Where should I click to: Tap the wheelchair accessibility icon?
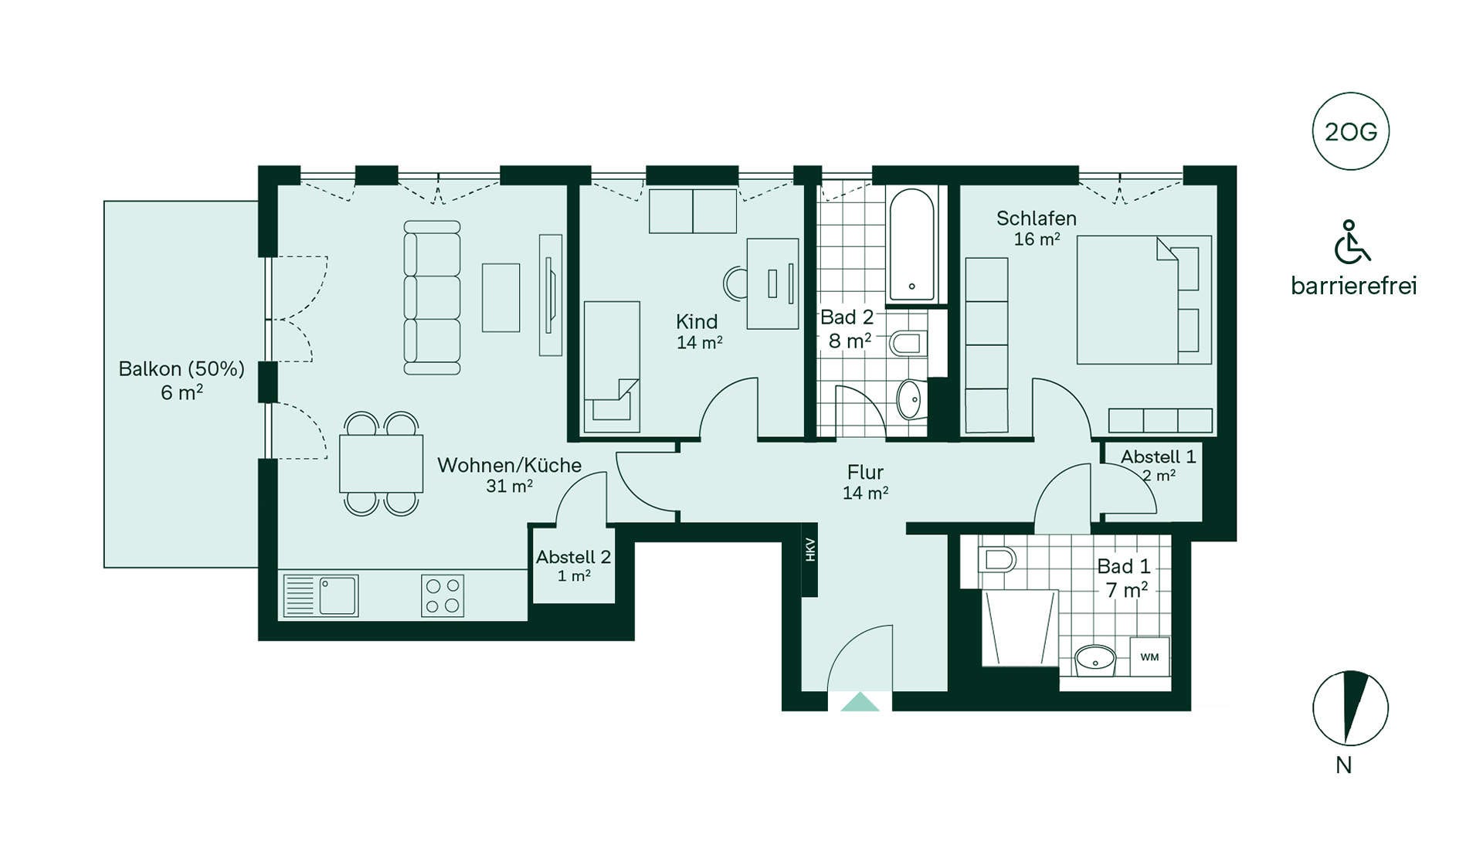pos(1352,242)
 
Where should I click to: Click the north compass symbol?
pos(1351,708)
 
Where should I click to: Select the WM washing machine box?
pos(1150,656)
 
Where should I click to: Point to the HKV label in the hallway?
pos(810,550)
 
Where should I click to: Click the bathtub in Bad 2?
pos(912,245)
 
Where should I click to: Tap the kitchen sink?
pos(321,595)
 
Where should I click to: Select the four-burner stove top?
pos(443,595)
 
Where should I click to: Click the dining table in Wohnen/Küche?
pos(382,463)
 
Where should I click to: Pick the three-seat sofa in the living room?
pos(433,297)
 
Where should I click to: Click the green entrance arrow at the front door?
pos(860,702)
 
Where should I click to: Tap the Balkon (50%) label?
pos(182,369)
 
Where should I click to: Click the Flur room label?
pos(865,472)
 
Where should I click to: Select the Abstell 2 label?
pos(574,557)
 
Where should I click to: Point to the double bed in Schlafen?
pos(1145,300)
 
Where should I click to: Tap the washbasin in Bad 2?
pos(911,399)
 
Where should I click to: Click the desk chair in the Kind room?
pos(735,283)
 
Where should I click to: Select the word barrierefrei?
pos(1354,286)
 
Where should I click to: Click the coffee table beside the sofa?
pos(501,297)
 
